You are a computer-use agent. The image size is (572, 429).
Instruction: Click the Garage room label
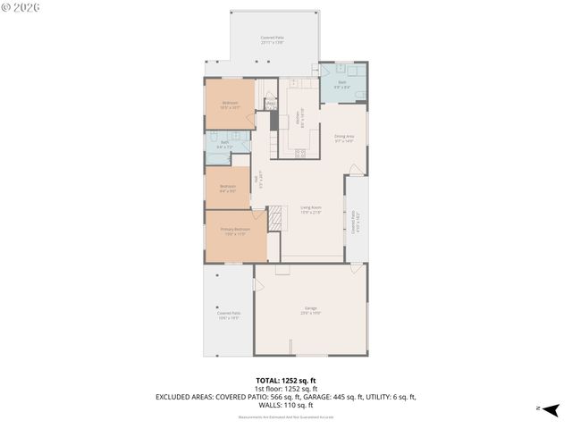click(x=309, y=309)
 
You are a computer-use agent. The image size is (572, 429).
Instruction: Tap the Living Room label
click(x=310, y=209)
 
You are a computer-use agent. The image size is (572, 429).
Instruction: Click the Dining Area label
click(x=344, y=138)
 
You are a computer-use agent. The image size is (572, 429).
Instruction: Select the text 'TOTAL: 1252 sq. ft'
click(x=285, y=381)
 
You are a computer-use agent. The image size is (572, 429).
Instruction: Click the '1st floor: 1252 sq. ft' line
click(x=285, y=389)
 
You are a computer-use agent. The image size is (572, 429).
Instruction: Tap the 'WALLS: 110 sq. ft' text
click(x=285, y=405)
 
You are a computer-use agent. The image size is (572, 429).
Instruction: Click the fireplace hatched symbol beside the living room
click(x=276, y=216)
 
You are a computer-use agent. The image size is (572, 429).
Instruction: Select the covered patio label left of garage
click(x=229, y=315)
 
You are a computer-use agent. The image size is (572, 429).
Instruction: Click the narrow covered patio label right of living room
click(x=355, y=228)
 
